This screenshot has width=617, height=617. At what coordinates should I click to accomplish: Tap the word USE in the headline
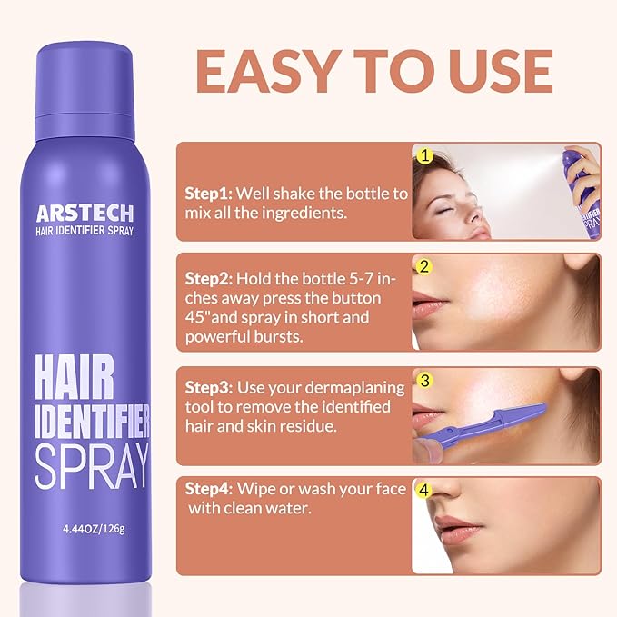[x=501, y=72]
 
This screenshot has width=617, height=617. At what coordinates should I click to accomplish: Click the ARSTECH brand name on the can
[x=85, y=214]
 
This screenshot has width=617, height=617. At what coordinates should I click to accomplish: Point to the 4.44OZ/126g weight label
[x=94, y=529]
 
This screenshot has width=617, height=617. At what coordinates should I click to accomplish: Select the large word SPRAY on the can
[x=92, y=466]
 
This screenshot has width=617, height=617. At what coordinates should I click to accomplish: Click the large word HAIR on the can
[x=74, y=377]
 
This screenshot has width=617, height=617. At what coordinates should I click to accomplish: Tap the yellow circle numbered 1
[x=424, y=155]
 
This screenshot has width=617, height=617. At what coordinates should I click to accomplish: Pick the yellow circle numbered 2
[x=424, y=267]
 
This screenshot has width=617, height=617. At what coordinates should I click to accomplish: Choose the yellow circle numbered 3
[x=424, y=381]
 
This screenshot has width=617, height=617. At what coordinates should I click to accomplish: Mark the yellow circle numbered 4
[x=423, y=490]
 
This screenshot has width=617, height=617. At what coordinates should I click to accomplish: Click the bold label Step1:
[x=209, y=194]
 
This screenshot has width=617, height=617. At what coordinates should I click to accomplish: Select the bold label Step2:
[x=209, y=279]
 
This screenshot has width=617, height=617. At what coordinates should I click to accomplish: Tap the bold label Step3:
[x=209, y=388]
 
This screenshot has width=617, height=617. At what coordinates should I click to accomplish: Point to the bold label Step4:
[x=209, y=489]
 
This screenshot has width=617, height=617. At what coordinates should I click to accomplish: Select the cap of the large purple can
[x=85, y=92]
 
